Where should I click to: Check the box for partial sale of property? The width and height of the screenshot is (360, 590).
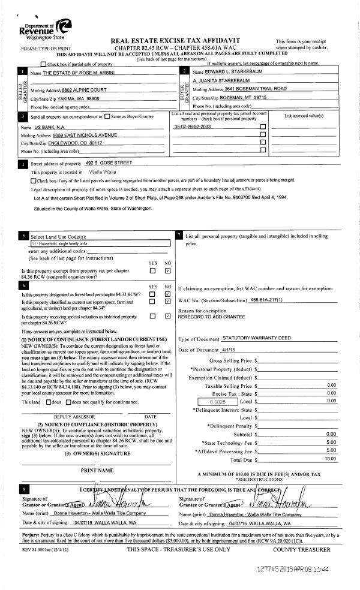tap(43, 64)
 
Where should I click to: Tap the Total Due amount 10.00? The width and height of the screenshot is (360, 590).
tap(330, 459)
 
